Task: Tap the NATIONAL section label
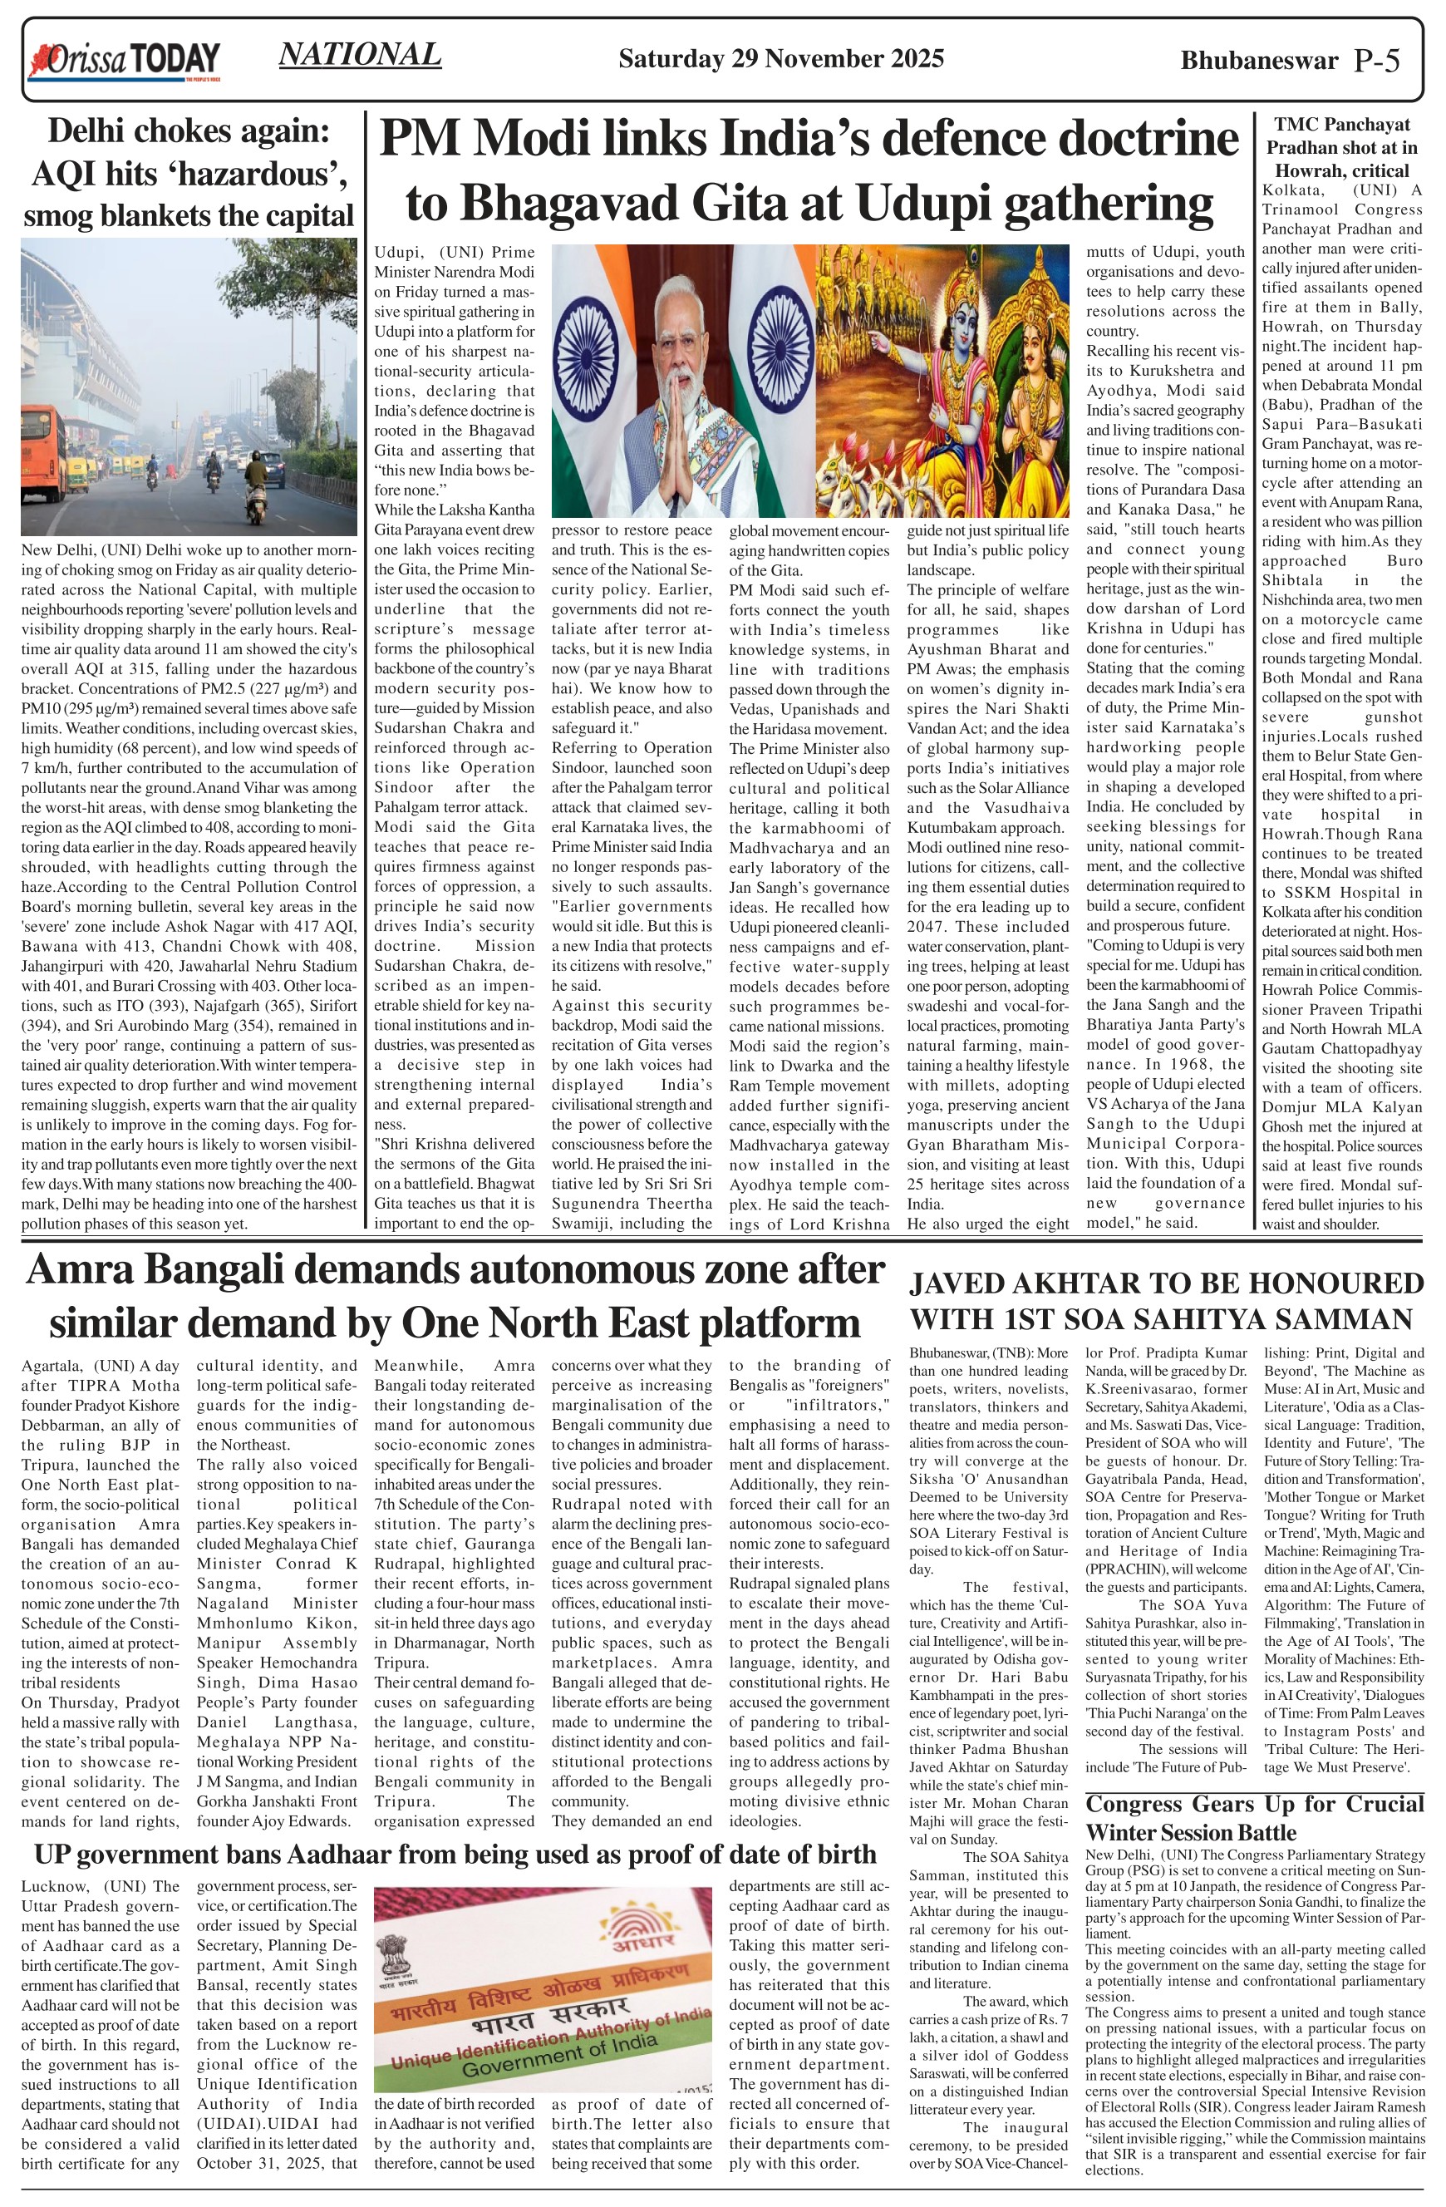[x=360, y=55]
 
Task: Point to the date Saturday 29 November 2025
[x=780, y=59]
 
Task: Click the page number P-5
[x=1376, y=61]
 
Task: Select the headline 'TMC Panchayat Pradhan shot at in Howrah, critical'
[x=1341, y=147]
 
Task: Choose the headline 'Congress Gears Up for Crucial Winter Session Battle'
[x=1254, y=1817]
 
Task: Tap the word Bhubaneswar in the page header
[x=1259, y=62]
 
